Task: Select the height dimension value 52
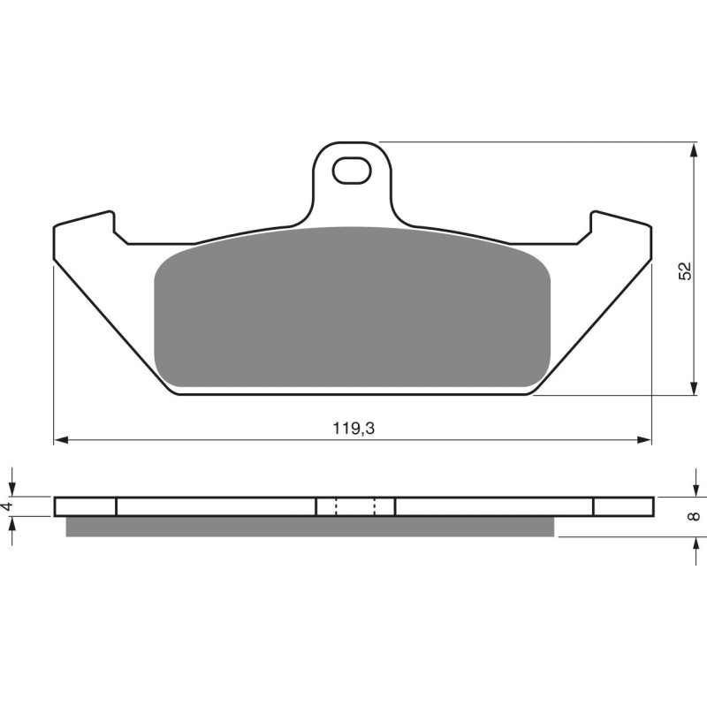click(685, 271)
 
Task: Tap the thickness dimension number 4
click(8, 506)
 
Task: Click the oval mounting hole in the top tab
click(352, 170)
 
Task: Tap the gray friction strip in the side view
click(309, 527)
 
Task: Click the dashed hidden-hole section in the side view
click(355, 506)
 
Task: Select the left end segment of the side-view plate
click(85, 506)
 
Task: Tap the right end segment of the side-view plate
click(623, 506)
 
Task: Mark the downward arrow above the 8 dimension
click(692, 488)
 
